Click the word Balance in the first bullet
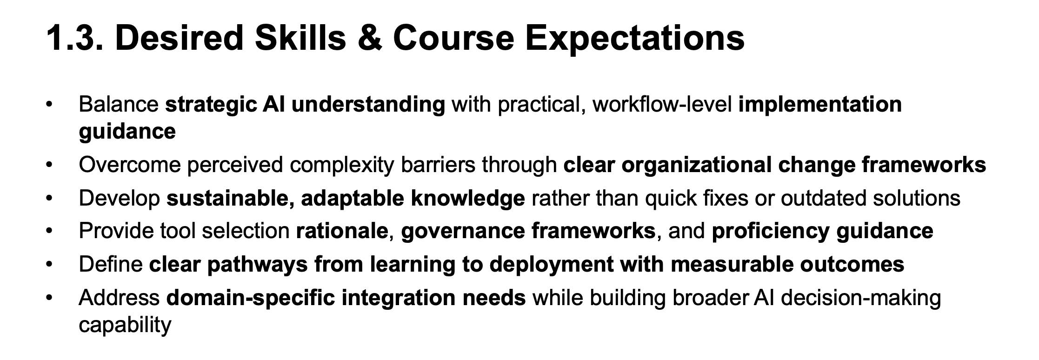pyautogui.click(x=119, y=104)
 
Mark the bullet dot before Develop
pyautogui.click(x=49, y=199)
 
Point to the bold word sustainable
pyautogui.click(x=230, y=199)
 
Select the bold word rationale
pyautogui.click(x=342, y=231)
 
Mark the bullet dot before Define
pyautogui.click(x=49, y=265)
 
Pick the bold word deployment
pyautogui.click(x=551, y=265)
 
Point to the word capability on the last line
pyautogui.click(x=125, y=325)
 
